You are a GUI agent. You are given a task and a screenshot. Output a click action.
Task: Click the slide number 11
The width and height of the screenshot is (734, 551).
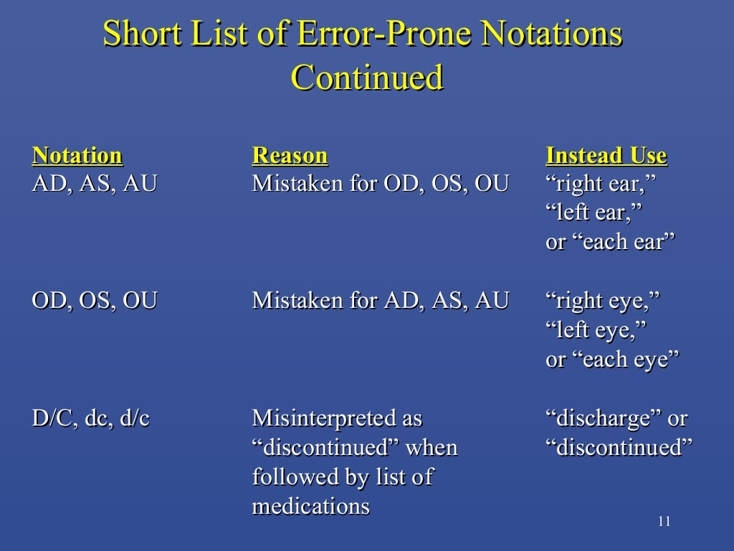pos(664,521)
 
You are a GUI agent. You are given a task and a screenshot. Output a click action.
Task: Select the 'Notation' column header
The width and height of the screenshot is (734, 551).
pos(77,155)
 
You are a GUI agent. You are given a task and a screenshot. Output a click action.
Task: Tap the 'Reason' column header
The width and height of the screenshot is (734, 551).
pos(290,155)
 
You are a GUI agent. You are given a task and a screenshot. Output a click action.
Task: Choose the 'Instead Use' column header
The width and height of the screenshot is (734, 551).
pos(606,155)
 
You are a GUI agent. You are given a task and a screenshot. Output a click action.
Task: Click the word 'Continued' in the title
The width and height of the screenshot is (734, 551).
pos(367,77)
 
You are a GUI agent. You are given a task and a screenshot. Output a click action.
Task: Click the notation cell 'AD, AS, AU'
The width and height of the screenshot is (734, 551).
pos(95,184)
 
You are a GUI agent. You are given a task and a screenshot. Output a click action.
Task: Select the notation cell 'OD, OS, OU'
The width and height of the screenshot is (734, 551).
pos(95,300)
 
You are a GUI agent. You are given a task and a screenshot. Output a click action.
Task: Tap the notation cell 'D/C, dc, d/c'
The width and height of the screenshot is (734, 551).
pos(91,418)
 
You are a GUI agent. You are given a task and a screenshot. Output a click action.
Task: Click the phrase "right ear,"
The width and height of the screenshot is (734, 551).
pos(601,184)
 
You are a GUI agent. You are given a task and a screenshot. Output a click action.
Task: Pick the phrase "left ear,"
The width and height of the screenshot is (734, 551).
pos(594,213)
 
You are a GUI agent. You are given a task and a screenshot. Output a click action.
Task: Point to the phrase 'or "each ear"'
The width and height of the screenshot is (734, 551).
pos(611,242)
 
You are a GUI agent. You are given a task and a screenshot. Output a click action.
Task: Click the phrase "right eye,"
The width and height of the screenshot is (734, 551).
pos(603,301)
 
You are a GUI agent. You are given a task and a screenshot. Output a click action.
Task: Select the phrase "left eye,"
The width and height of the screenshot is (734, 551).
pos(596,330)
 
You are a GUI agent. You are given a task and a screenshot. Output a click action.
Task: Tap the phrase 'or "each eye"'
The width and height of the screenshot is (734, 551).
pos(612,359)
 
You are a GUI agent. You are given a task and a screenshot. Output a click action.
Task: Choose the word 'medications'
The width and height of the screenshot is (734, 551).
pos(310,506)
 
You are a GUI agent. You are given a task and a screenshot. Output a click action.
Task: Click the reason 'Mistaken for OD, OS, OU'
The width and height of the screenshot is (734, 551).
pos(380,184)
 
